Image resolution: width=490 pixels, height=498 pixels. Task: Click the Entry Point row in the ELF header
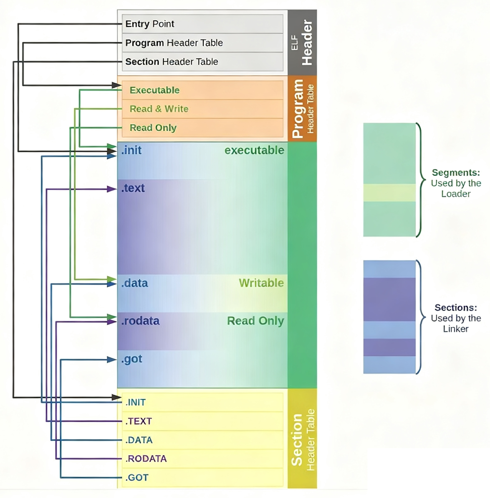150,24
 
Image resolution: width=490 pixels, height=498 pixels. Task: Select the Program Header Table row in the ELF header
174,43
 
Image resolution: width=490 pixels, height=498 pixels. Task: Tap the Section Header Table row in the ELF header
172,62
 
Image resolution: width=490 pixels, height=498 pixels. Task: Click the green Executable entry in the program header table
154,90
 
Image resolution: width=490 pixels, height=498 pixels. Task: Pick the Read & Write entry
159,109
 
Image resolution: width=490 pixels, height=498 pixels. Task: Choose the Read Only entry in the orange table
153,128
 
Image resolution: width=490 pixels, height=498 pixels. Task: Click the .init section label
131,150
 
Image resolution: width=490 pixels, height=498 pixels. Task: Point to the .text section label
133,188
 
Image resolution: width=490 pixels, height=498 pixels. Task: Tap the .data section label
134,283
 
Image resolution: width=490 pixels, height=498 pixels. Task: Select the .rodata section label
140,321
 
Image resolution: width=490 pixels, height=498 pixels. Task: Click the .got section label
132,359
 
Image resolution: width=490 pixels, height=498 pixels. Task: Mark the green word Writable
261,283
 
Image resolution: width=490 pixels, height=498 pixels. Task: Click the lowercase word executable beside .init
254,150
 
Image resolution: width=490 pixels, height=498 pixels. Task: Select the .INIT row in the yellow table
136,402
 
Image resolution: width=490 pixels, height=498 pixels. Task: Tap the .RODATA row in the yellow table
146,459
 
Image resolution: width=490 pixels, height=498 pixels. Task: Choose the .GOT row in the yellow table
137,477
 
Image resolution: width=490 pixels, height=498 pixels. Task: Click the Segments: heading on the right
456,173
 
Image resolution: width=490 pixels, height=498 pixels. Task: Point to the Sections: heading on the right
456,307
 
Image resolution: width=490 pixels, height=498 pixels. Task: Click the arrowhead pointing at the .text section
112,189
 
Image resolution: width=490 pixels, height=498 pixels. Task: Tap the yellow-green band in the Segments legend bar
389,193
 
